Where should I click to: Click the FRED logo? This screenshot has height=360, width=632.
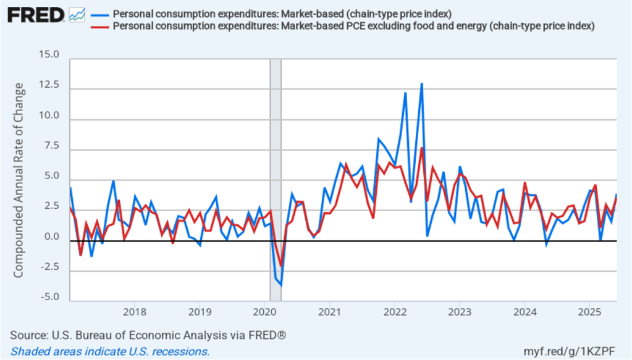36,14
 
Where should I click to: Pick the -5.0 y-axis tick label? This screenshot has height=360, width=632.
48,297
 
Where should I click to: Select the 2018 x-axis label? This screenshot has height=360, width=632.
134,311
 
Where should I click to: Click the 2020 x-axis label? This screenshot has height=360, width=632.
264,311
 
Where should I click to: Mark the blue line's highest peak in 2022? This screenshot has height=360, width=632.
421,83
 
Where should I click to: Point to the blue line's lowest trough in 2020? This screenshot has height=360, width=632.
281,285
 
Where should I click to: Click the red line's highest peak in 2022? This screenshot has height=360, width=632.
421,148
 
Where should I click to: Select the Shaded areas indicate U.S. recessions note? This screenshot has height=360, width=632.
109,351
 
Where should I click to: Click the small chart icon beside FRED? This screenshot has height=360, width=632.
77,14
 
